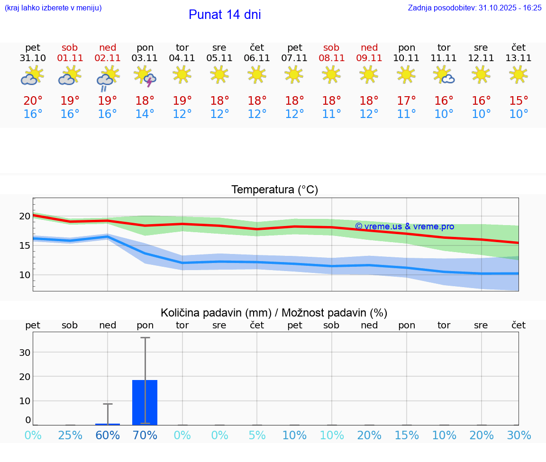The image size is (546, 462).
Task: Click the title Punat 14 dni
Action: tap(225, 15)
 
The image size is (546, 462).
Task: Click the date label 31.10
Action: tap(33, 58)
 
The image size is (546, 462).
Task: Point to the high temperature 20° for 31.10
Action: tap(33, 101)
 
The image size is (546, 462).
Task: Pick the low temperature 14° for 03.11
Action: tap(145, 114)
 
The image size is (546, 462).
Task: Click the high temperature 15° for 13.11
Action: tap(519, 101)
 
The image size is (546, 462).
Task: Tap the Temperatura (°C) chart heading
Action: tap(274, 190)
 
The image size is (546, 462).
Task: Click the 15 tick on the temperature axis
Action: tap(25, 245)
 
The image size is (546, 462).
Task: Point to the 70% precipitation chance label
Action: tap(145, 435)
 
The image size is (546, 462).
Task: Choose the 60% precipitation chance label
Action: tap(108, 435)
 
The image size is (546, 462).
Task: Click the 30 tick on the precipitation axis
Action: tap(25, 353)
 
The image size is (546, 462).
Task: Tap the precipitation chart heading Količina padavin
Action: tap(274, 313)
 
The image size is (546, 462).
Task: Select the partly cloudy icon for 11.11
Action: tap(444, 75)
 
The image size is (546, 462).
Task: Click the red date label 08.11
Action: tap(331, 58)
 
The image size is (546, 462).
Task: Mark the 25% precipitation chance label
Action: tap(70, 435)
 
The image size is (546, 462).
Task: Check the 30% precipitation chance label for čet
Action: tap(519, 435)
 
